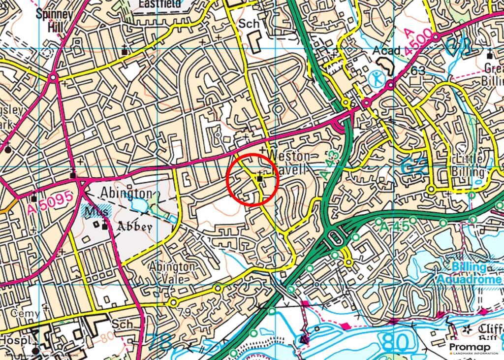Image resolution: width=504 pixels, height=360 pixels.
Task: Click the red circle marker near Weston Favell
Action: click(x=253, y=179)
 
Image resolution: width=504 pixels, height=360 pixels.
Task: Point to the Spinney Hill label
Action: click(x=55, y=20)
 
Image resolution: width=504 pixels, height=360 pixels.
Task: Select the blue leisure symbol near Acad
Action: click(x=376, y=77)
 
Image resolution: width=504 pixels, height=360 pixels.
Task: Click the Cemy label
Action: click(x=25, y=313)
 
